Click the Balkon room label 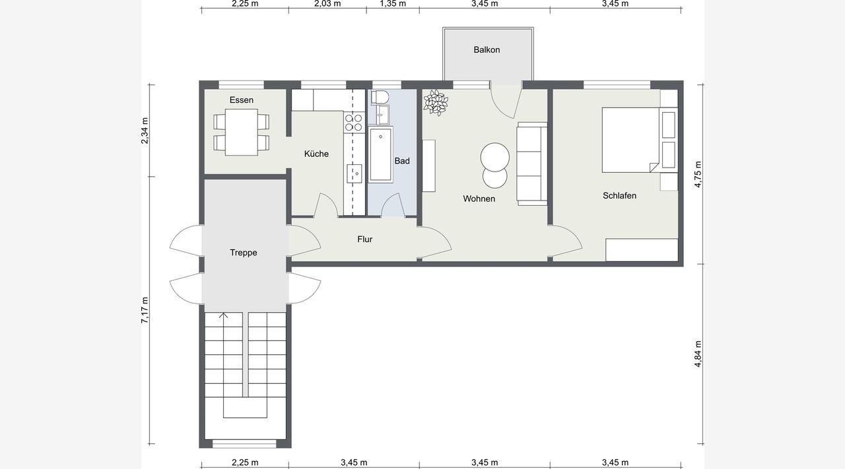point(487,49)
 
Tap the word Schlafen point(619,196)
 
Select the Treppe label point(244,253)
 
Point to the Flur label point(365,239)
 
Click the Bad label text point(402,161)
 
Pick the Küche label point(316,154)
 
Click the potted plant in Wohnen point(436,102)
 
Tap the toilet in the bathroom point(380,97)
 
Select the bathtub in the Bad point(381,154)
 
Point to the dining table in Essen point(242,132)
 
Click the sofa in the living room point(532,164)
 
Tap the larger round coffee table point(495,157)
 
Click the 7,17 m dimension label point(145,310)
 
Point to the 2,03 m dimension point(327,4)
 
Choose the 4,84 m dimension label point(698,354)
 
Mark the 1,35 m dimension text point(393,4)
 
